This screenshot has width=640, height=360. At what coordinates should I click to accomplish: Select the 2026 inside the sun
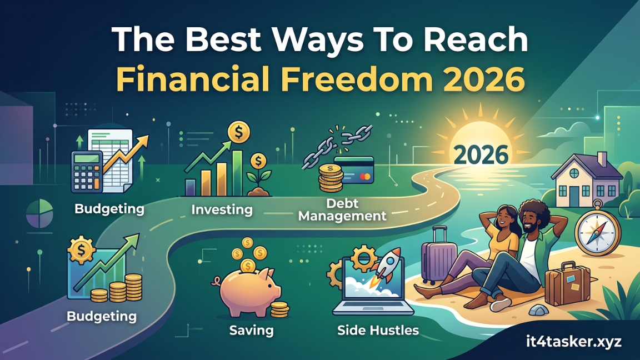click(481, 154)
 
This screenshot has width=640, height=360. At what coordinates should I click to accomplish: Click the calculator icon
click(86, 172)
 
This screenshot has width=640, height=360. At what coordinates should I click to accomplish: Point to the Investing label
click(222, 209)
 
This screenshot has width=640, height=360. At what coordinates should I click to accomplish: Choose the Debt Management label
click(342, 209)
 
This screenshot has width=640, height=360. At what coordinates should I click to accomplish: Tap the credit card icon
click(353, 170)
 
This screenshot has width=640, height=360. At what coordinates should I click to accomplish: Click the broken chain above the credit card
click(337, 146)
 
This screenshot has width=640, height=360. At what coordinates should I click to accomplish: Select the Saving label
click(251, 330)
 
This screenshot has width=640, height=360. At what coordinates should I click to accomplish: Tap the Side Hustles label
click(378, 330)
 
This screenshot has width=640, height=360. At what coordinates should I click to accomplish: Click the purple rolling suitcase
click(438, 255)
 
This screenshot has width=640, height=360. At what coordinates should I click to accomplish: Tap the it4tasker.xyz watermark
click(574, 341)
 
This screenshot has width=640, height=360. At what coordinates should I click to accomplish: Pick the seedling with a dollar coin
click(259, 174)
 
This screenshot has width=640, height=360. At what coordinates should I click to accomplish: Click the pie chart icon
click(39, 213)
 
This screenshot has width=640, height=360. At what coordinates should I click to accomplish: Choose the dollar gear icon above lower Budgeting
click(81, 250)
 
